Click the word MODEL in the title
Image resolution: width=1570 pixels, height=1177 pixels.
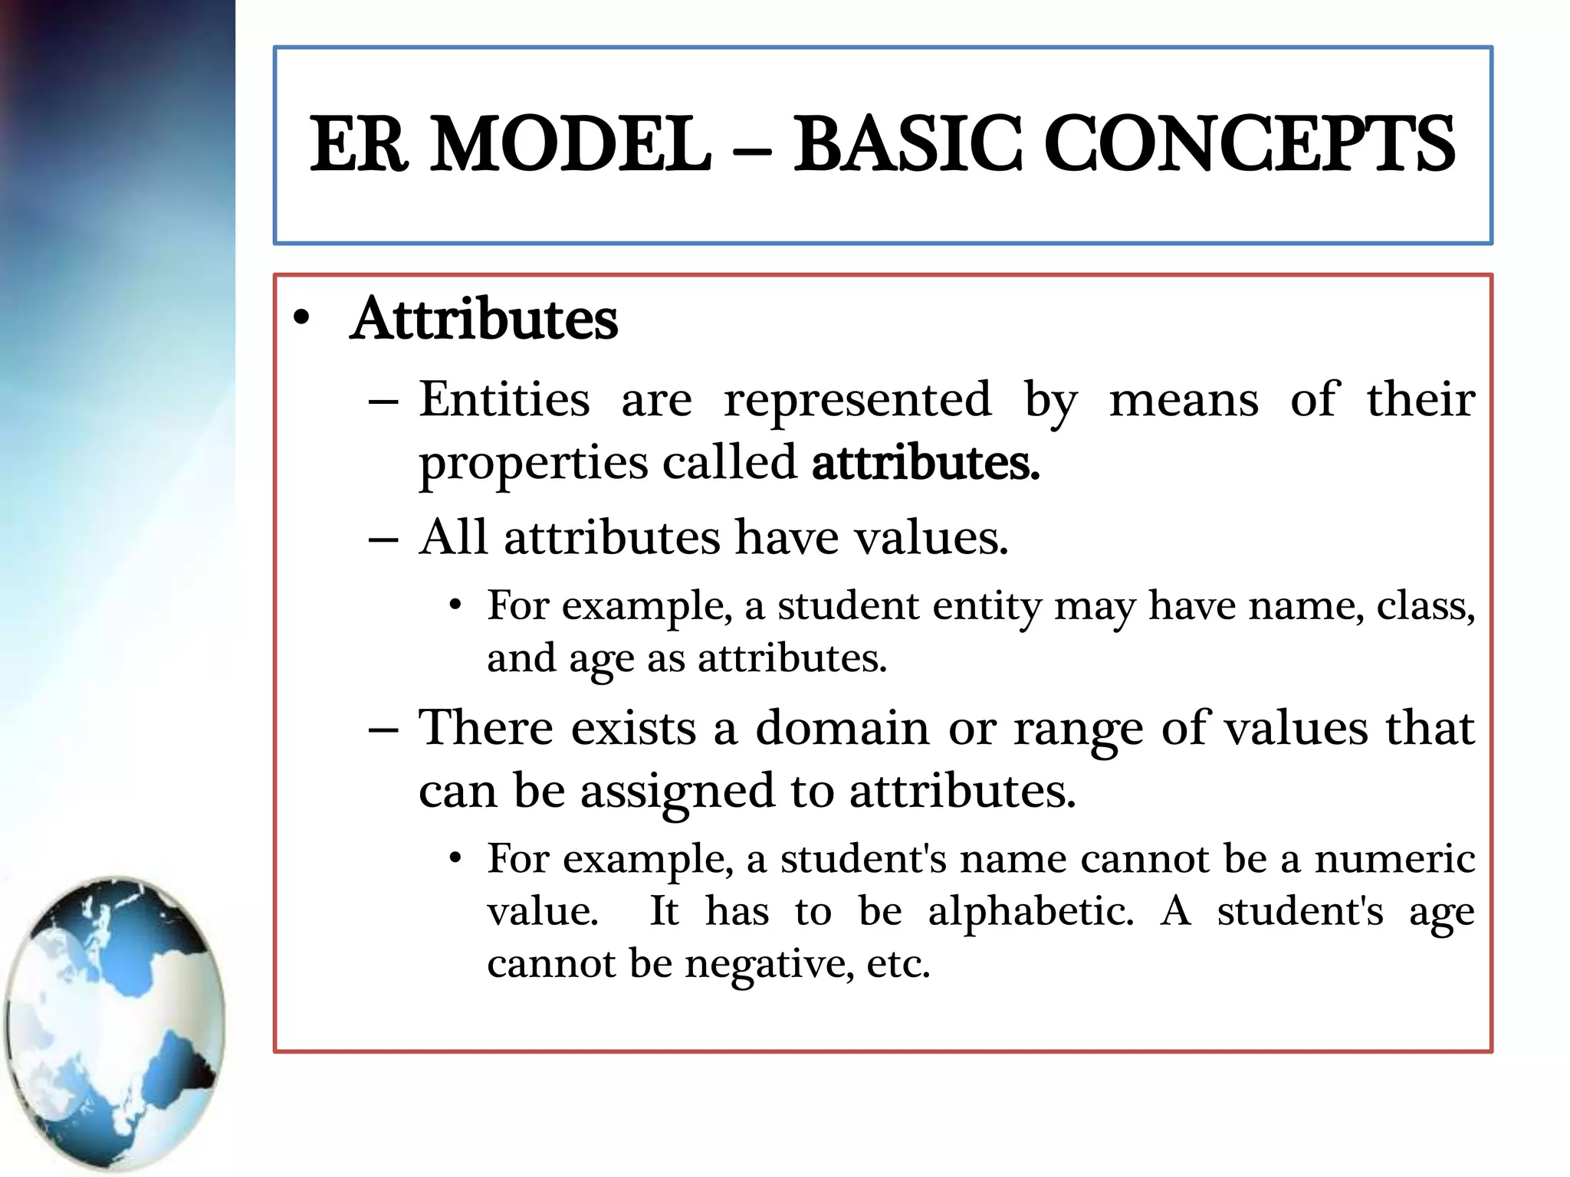pyautogui.click(x=571, y=144)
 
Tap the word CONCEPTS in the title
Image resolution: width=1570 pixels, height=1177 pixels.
pyautogui.click(x=1249, y=144)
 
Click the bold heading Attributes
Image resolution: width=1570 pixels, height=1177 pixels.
pyautogui.click(x=484, y=319)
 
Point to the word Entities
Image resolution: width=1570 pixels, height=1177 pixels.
pyautogui.click(x=504, y=399)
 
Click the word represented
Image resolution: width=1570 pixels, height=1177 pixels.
pyautogui.click(x=858, y=399)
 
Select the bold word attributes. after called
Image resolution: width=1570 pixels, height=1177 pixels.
pyautogui.click(x=925, y=463)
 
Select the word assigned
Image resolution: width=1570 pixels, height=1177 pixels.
pyautogui.click(x=678, y=792)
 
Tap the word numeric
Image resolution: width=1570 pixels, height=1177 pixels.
pyautogui.click(x=1394, y=858)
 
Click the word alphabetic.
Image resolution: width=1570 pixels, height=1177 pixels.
pyautogui.click(x=1030, y=911)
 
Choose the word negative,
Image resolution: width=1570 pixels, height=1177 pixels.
pyautogui.click(x=769, y=964)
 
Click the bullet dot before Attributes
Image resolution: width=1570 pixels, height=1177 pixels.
pyautogui.click(x=301, y=318)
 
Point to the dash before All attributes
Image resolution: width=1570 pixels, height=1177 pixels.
pyautogui.click(x=383, y=539)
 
